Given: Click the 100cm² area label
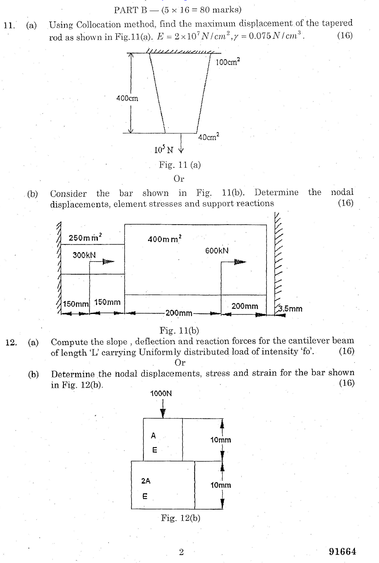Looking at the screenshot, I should [228, 62].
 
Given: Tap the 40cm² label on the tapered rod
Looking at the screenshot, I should [208, 137].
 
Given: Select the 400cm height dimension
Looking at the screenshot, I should [127, 98].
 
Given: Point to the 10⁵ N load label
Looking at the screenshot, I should [164, 150].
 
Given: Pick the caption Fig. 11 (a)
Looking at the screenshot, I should [180, 165].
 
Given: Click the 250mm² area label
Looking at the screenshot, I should [85, 238].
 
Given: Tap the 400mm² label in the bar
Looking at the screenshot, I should [164, 239].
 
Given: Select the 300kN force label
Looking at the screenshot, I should [84, 255].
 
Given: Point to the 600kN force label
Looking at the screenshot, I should [217, 251].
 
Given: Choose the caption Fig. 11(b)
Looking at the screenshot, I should [179, 330].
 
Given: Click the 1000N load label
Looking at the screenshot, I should [161, 393].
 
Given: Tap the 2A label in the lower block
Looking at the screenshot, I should [146, 481].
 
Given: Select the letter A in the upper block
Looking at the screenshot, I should [153, 435].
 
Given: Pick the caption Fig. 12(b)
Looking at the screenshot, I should [181, 518].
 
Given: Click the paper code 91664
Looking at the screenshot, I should [342, 551].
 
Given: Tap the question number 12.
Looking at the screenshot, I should [11, 342].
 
